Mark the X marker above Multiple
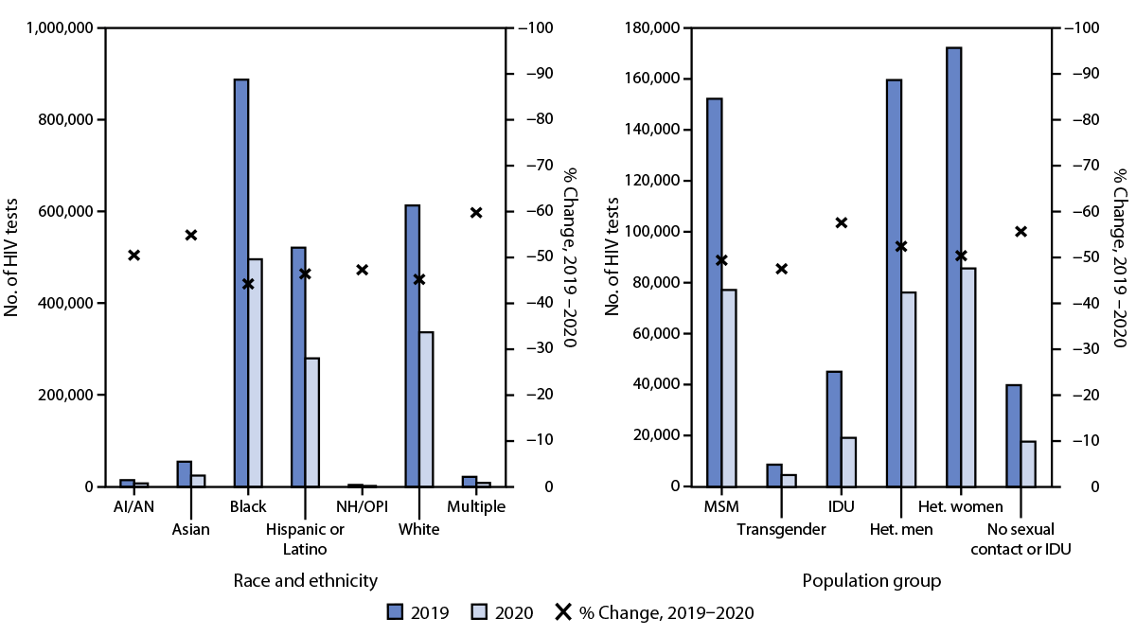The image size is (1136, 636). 476,212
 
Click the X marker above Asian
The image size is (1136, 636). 191,235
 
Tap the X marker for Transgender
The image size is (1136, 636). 781,269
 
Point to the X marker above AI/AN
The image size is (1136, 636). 134,255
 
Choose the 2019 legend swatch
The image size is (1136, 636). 396,612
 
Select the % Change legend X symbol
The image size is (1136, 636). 561,612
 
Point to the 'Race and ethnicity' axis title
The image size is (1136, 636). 305,580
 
